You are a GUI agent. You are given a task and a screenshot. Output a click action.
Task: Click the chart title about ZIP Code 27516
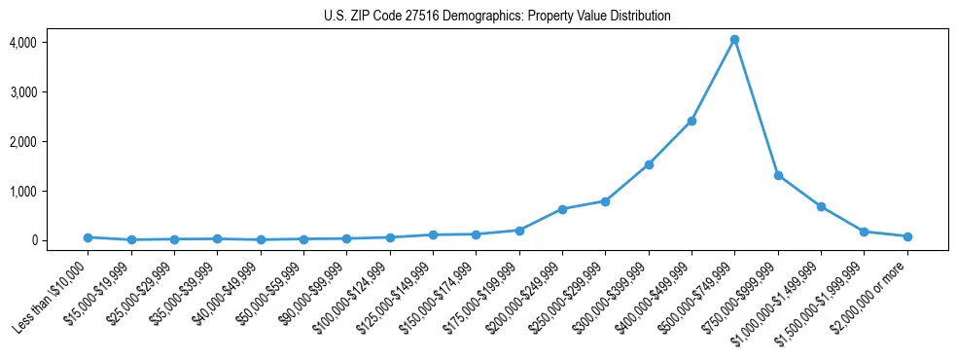point(497,17)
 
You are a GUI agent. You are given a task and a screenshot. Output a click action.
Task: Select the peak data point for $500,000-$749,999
point(735,40)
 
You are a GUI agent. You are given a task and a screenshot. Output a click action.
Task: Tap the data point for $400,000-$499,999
point(691,121)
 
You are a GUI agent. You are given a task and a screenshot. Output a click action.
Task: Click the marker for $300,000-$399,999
point(649,164)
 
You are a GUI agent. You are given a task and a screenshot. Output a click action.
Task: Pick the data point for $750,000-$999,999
point(778,175)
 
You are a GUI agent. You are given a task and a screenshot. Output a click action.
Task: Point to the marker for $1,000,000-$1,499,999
point(821,206)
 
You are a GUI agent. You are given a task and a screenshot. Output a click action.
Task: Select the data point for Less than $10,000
point(88,237)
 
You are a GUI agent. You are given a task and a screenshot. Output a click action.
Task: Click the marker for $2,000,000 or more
point(907,236)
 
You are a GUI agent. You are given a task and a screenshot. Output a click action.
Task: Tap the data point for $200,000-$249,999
point(562,209)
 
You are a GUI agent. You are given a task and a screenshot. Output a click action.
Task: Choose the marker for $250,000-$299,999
point(605,201)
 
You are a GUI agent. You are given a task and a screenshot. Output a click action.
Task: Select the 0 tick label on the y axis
point(33,240)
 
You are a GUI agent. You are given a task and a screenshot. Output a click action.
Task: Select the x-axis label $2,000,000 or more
point(873,293)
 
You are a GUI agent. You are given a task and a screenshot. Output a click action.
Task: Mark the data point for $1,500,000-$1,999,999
point(865,232)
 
